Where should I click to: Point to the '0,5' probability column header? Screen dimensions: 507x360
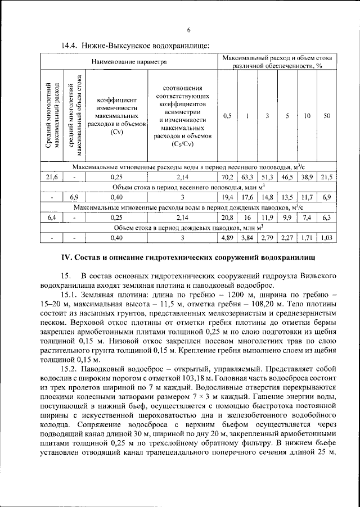coord(227,116)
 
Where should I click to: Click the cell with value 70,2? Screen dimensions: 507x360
coord(227,177)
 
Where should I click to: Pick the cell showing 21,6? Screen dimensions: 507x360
coord(52,177)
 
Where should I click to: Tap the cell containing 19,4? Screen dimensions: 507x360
coord(227,197)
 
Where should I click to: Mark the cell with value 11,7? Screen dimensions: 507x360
coord(307,197)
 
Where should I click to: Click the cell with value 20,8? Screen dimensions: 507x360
coord(227,218)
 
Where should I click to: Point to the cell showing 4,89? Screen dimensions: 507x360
coord(227,238)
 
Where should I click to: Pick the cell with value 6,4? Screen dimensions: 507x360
coord(52,218)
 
